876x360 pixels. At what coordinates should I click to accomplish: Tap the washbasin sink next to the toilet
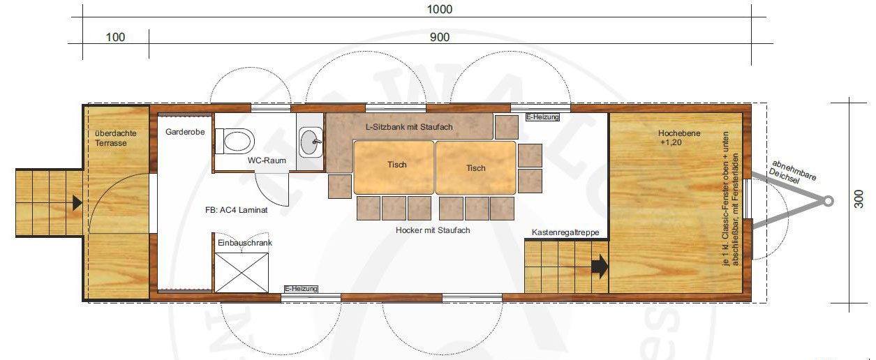tap(311, 142)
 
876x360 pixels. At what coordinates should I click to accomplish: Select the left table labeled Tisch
tap(394, 167)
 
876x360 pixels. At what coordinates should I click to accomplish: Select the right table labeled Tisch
tap(475, 167)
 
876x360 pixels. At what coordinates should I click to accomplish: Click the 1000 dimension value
tap(440, 9)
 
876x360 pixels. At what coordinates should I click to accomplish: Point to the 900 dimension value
tap(440, 37)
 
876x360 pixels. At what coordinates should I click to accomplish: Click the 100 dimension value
tap(115, 37)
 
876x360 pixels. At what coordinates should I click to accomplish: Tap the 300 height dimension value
tap(859, 199)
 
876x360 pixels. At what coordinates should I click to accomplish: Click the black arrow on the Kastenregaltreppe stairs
tap(600, 267)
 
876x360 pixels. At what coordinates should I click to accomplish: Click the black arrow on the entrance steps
tap(77, 203)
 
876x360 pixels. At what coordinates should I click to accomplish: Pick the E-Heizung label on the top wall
tap(542, 117)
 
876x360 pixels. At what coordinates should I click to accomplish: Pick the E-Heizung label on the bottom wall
tap(301, 289)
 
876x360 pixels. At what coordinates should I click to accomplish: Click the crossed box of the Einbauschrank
tap(242, 273)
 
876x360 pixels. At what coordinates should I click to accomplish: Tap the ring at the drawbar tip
tap(828, 202)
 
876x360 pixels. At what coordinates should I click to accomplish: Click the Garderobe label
tap(185, 132)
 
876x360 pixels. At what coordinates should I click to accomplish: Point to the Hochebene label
tap(679, 133)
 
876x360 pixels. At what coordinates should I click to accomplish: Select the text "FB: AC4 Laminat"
tap(236, 210)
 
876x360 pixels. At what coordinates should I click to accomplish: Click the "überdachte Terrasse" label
tap(116, 138)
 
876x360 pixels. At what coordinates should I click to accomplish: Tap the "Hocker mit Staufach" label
tap(433, 230)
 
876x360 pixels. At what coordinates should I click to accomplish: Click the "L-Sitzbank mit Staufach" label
tap(409, 127)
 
